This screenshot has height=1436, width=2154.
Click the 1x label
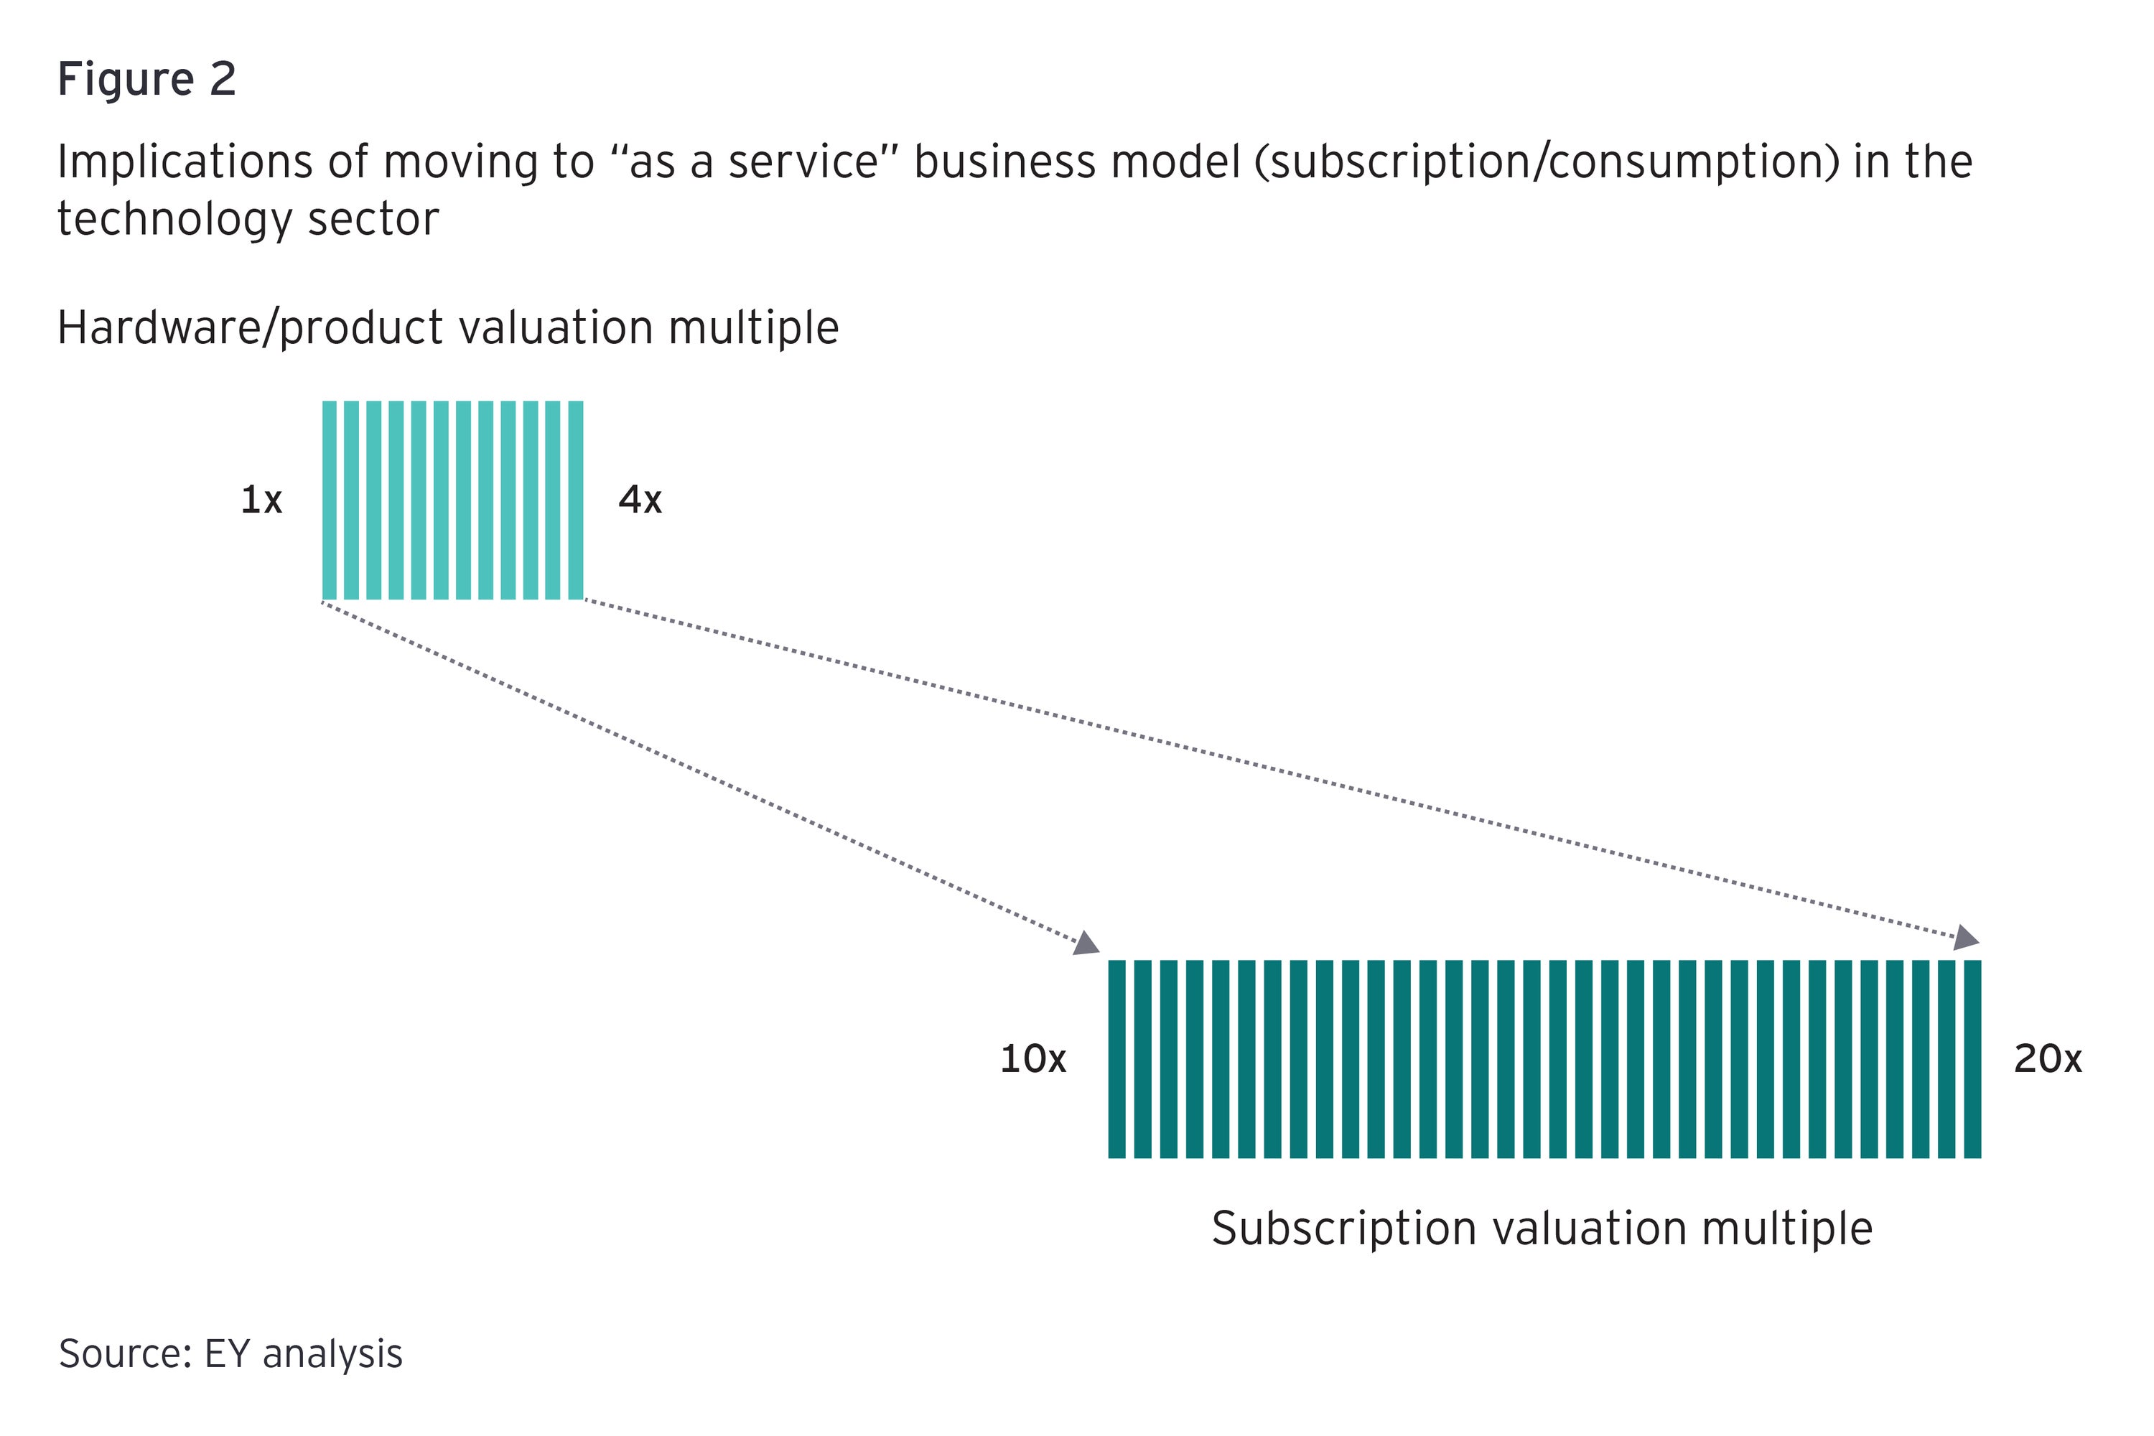[x=261, y=500]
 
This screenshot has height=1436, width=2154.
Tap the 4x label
[x=639, y=500]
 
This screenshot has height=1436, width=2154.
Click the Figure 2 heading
[x=146, y=79]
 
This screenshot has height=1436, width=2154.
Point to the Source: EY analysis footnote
[x=230, y=1353]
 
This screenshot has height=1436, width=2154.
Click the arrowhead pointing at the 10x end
[x=1087, y=943]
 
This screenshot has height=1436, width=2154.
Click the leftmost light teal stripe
[x=329, y=500]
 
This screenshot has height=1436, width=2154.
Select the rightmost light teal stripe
[x=575, y=500]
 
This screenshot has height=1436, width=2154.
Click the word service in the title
[x=802, y=163]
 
